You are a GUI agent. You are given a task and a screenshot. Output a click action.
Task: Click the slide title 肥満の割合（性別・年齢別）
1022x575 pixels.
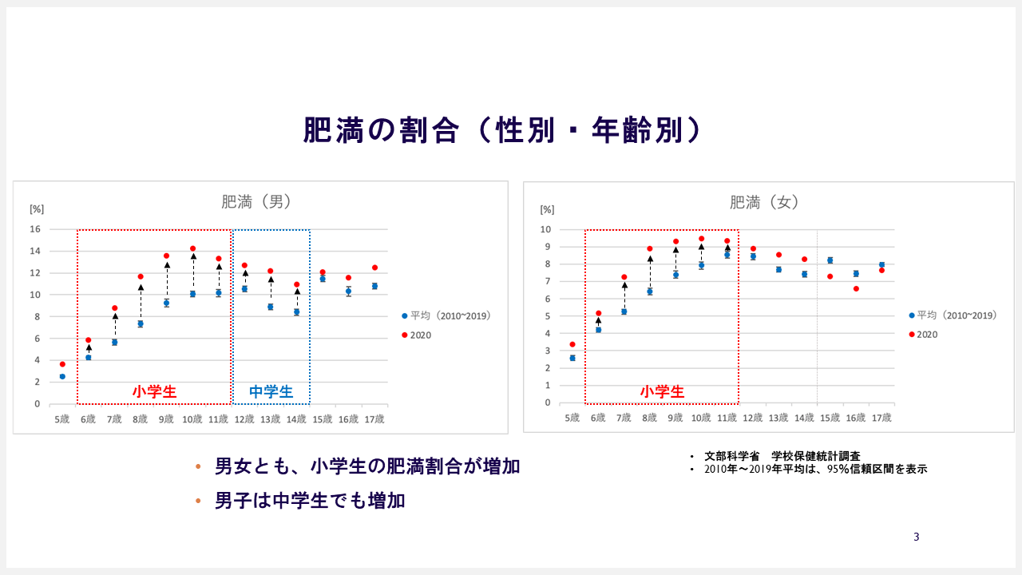point(502,130)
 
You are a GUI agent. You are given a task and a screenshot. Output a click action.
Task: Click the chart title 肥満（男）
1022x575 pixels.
point(256,202)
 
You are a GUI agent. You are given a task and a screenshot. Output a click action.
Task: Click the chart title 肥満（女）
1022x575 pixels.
point(764,202)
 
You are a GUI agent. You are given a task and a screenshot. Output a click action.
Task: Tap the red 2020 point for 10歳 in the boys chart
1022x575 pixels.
point(192,248)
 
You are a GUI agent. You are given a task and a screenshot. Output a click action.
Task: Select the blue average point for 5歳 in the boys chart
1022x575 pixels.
point(62,376)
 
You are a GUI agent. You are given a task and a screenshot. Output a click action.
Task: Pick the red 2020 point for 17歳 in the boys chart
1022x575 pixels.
point(375,268)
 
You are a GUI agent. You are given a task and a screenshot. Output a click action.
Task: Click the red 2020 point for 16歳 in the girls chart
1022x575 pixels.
point(856,289)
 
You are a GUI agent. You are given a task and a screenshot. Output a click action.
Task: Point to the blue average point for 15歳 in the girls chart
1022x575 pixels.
point(830,260)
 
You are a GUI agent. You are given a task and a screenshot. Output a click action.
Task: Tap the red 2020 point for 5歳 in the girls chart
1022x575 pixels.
point(572,344)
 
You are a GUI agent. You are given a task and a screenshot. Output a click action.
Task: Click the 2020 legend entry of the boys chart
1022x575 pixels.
point(416,335)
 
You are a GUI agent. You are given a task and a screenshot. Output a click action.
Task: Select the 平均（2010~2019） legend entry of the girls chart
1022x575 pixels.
point(953,315)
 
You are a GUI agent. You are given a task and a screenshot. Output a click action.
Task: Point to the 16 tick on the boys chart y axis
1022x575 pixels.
point(35,229)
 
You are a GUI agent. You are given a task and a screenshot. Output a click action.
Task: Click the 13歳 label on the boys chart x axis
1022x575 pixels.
point(270,419)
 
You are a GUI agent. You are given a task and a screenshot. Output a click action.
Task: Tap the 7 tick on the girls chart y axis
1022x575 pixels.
point(548,282)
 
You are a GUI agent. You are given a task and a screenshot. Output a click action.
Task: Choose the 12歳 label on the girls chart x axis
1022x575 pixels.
point(752,418)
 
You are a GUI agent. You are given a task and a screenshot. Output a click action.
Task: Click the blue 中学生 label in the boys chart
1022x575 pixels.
point(271,391)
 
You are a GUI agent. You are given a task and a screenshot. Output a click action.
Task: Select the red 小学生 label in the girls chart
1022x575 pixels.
point(662,391)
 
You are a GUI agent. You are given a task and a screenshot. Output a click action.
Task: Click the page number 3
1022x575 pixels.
point(916,537)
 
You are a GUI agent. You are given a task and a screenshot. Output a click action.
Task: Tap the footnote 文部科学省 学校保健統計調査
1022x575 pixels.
point(782,456)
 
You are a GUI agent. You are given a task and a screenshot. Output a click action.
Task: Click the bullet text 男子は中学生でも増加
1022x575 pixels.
point(310,501)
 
